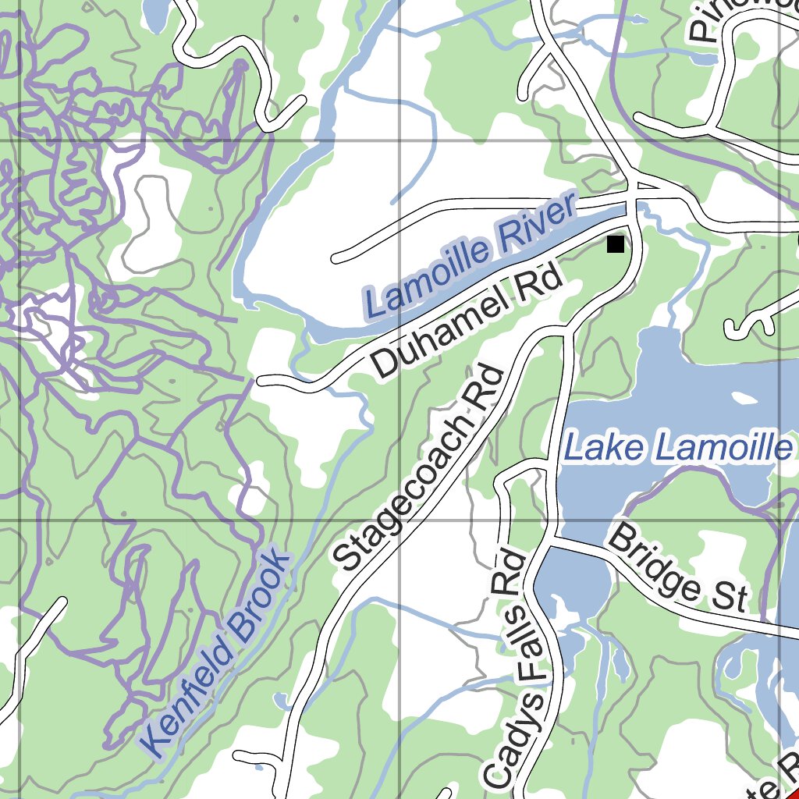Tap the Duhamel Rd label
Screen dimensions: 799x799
click(467, 321)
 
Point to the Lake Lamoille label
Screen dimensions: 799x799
click(677, 449)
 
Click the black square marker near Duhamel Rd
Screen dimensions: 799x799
click(616, 244)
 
